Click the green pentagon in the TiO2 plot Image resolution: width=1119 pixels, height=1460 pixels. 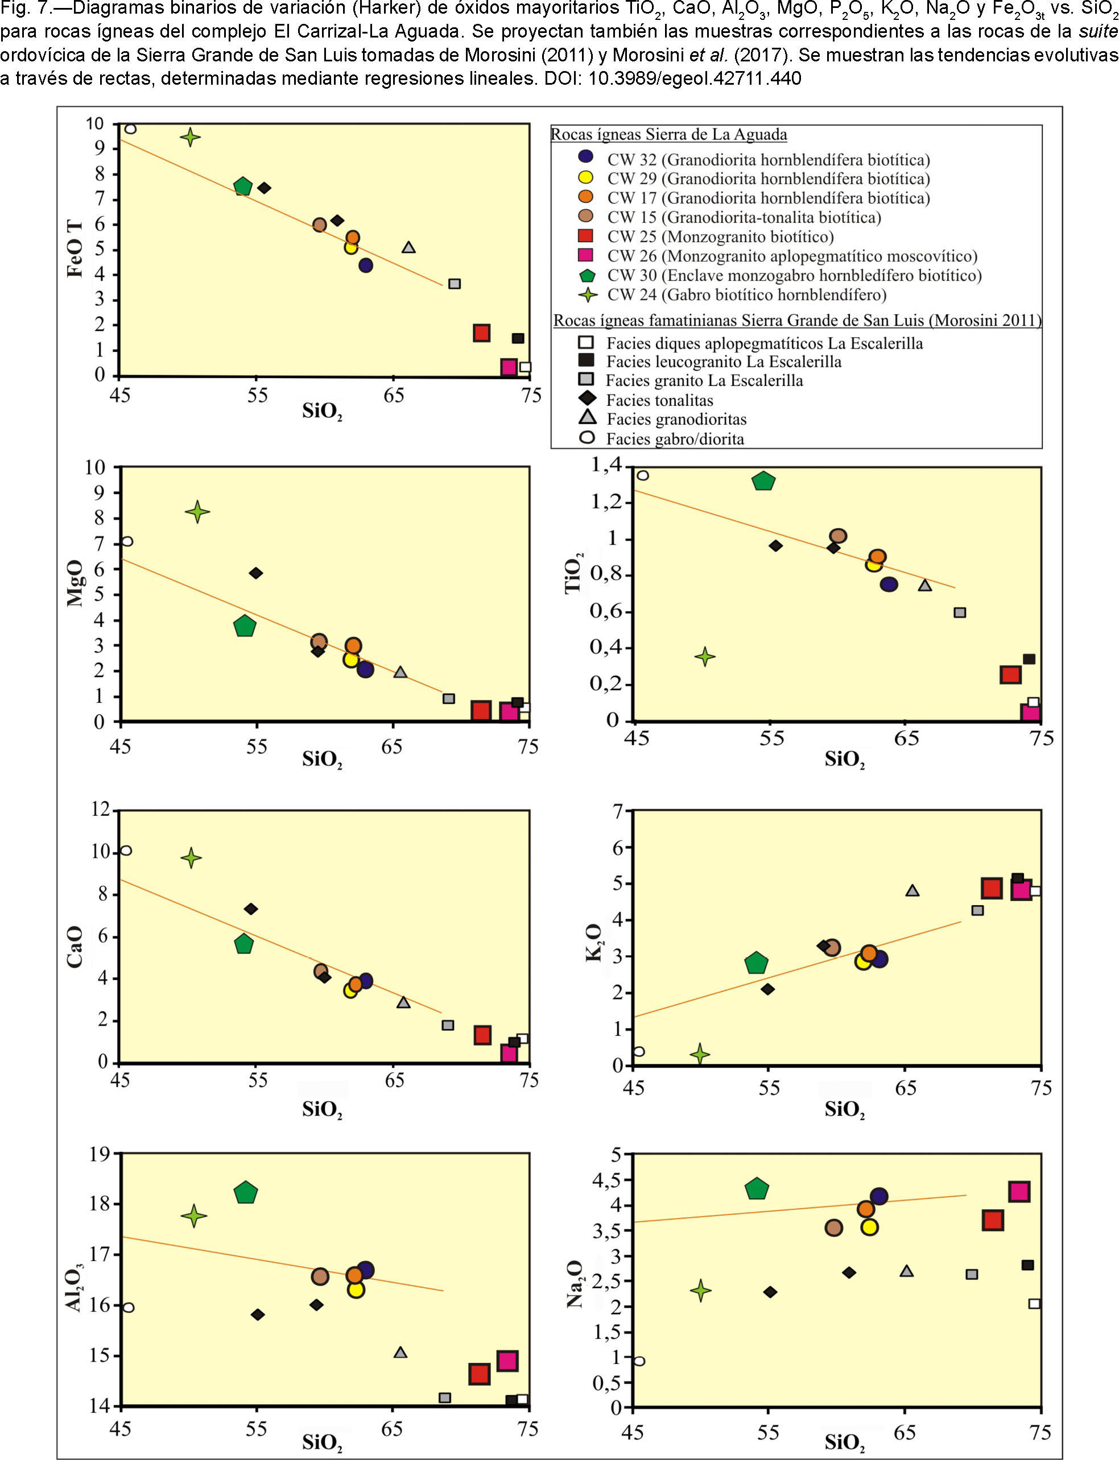coord(763,480)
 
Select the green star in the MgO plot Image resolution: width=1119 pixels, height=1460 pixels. coord(197,512)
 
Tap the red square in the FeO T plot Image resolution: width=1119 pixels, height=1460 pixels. coord(482,333)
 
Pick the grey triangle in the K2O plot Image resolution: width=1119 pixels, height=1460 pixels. coord(912,890)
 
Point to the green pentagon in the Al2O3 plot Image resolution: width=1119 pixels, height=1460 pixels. coord(246,1192)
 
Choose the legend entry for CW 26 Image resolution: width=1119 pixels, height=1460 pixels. coord(777,256)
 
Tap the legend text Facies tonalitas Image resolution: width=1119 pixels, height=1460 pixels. coord(659,400)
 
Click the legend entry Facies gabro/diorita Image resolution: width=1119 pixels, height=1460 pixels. coord(675,439)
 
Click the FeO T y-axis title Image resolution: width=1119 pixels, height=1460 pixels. coord(75,248)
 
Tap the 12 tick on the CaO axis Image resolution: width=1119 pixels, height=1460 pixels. coord(101,810)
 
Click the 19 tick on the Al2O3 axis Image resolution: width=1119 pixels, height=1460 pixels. coord(101,1153)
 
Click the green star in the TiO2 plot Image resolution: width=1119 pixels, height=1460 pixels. coord(705,657)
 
